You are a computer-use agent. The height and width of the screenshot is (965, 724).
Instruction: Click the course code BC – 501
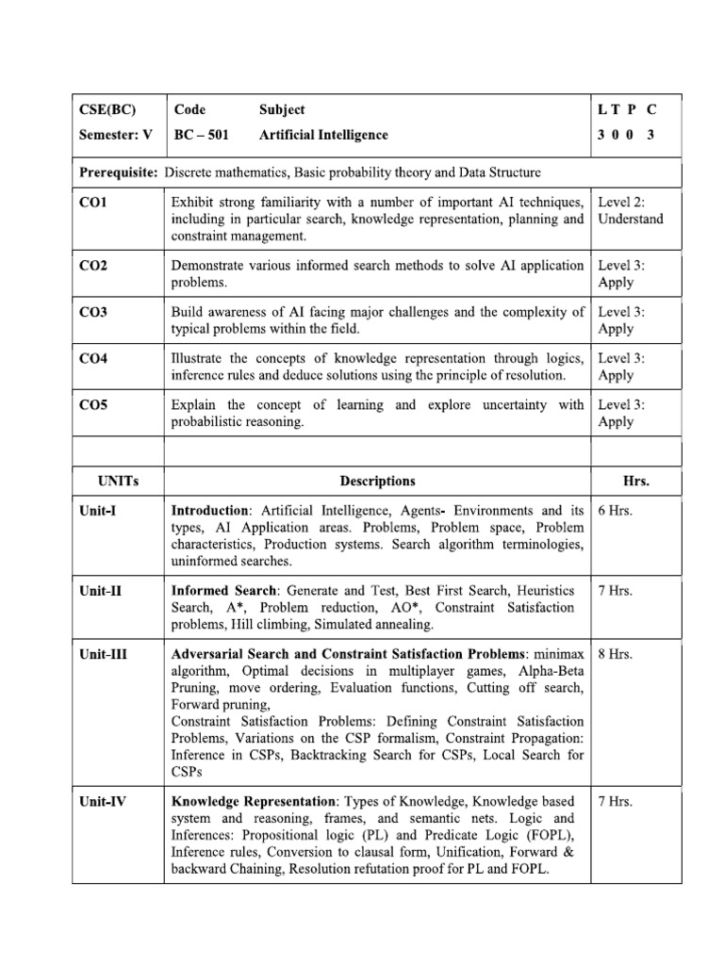pyautogui.click(x=202, y=135)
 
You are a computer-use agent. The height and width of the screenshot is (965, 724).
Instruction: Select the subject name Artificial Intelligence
pyautogui.click(x=323, y=135)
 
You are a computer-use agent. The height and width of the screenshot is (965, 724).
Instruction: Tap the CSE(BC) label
pyautogui.click(x=105, y=109)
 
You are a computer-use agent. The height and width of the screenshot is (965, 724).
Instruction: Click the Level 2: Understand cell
pyautogui.click(x=631, y=210)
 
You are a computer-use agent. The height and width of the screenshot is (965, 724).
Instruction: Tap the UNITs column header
pyautogui.click(x=118, y=481)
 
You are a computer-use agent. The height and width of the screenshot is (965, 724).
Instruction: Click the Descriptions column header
pyautogui.click(x=377, y=481)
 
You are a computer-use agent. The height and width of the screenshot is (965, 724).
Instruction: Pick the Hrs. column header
pyautogui.click(x=636, y=481)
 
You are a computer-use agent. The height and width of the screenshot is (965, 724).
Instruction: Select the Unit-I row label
pyautogui.click(x=98, y=511)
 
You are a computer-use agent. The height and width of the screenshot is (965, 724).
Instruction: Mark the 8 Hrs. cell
pyautogui.click(x=617, y=654)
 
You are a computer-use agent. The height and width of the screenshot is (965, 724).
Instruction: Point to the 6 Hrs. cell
pyautogui.click(x=617, y=511)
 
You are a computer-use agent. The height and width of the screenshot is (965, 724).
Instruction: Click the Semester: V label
pyautogui.click(x=116, y=135)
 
